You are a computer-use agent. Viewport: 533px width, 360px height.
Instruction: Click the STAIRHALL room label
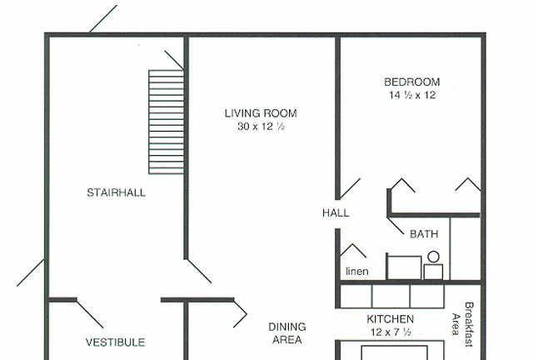(x=117, y=192)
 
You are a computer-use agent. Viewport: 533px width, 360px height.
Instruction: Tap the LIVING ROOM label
(x=261, y=113)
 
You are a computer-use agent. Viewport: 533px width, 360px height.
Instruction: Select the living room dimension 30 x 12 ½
(x=261, y=127)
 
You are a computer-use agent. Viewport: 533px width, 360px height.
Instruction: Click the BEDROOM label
(x=412, y=82)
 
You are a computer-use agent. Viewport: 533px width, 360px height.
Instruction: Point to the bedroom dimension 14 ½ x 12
(x=412, y=95)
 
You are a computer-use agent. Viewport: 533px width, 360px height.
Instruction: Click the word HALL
(x=336, y=213)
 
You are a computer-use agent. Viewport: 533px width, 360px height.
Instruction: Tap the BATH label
(x=424, y=234)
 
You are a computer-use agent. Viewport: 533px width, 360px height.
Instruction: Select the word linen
(x=357, y=271)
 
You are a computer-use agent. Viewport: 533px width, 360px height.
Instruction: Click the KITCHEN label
(x=391, y=319)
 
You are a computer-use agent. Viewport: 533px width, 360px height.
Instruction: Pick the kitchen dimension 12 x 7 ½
(x=391, y=332)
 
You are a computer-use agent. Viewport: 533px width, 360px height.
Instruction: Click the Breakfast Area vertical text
(x=463, y=324)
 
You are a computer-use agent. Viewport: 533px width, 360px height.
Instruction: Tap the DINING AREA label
(x=287, y=333)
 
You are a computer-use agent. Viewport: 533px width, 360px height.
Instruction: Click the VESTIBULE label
(x=115, y=342)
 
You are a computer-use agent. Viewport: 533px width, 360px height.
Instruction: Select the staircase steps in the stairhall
(x=167, y=122)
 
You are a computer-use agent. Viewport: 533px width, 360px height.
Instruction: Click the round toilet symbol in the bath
(x=433, y=257)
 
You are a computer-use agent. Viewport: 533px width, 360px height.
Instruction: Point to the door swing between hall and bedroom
(x=350, y=189)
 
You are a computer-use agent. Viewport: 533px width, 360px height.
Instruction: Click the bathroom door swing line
(x=396, y=226)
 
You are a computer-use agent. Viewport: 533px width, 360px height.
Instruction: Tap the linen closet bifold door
(x=353, y=251)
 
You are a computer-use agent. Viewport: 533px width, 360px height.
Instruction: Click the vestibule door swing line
(x=90, y=314)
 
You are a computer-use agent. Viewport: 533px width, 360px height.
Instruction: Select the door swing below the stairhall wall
(x=199, y=272)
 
